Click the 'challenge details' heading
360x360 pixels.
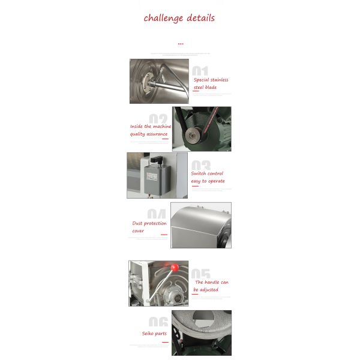tap(179, 18)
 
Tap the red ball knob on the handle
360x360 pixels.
tap(175, 266)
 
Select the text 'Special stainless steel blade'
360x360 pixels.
tap(211, 83)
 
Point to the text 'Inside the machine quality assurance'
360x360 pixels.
tap(151, 130)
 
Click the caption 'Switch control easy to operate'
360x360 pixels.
tap(208, 177)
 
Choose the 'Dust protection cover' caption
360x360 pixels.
tap(149, 227)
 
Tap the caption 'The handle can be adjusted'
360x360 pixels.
tap(211, 286)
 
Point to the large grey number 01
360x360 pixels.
tap(200, 71)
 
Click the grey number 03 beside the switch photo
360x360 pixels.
tap(201, 165)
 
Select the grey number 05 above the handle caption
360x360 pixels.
tap(201, 274)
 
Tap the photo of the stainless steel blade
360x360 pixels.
tap(159, 81)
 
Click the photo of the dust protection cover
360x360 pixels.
tap(201, 226)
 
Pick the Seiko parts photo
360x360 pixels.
tap(201, 333)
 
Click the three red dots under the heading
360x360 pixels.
tap(180, 44)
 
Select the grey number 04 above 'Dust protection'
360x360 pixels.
tap(157, 214)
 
